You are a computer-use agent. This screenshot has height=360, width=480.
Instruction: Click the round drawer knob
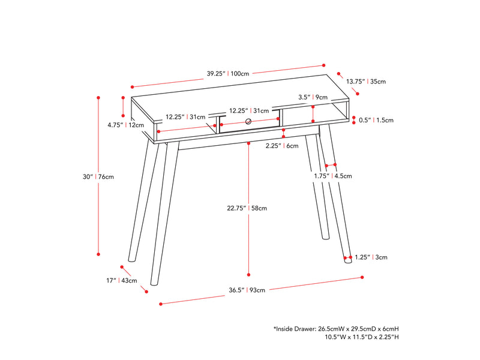click(x=248, y=122)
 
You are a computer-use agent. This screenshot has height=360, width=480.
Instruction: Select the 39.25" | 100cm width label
click(x=228, y=73)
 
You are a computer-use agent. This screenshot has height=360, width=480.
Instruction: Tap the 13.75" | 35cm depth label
click(x=366, y=82)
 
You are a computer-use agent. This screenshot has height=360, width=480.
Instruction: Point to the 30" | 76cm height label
click(x=98, y=176)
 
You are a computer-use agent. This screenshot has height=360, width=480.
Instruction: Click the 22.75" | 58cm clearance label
click(x=247, y=208)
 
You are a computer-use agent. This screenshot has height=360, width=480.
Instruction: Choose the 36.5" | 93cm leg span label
click(x=247, y=290)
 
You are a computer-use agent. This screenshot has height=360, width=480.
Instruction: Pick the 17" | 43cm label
click(x=122, y=280)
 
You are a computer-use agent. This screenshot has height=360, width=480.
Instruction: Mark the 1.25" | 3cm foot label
click(x=371, y=257)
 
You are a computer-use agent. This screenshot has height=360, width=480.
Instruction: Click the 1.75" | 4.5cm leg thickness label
click(x=333, y=176)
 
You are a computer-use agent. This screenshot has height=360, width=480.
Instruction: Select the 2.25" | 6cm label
click(x=282, y=146)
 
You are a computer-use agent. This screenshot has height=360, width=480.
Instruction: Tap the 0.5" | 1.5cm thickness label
click(x=376, y=120)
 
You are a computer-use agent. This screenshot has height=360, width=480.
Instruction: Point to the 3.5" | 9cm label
click(x=313, y=97)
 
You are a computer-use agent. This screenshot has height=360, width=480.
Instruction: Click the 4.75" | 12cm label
click(x=126, y=125)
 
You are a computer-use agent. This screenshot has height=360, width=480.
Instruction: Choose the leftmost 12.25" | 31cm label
click(x=185, y=117)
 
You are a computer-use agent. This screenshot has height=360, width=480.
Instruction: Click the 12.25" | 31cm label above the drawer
click(x=249, y=110)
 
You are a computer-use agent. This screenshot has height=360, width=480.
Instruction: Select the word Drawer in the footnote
click(x=305, y=329)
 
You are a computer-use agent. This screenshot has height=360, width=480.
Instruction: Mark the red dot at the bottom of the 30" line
click(x=98, y=254)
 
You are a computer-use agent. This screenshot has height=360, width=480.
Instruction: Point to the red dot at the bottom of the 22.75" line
click(x=248, y=275)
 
